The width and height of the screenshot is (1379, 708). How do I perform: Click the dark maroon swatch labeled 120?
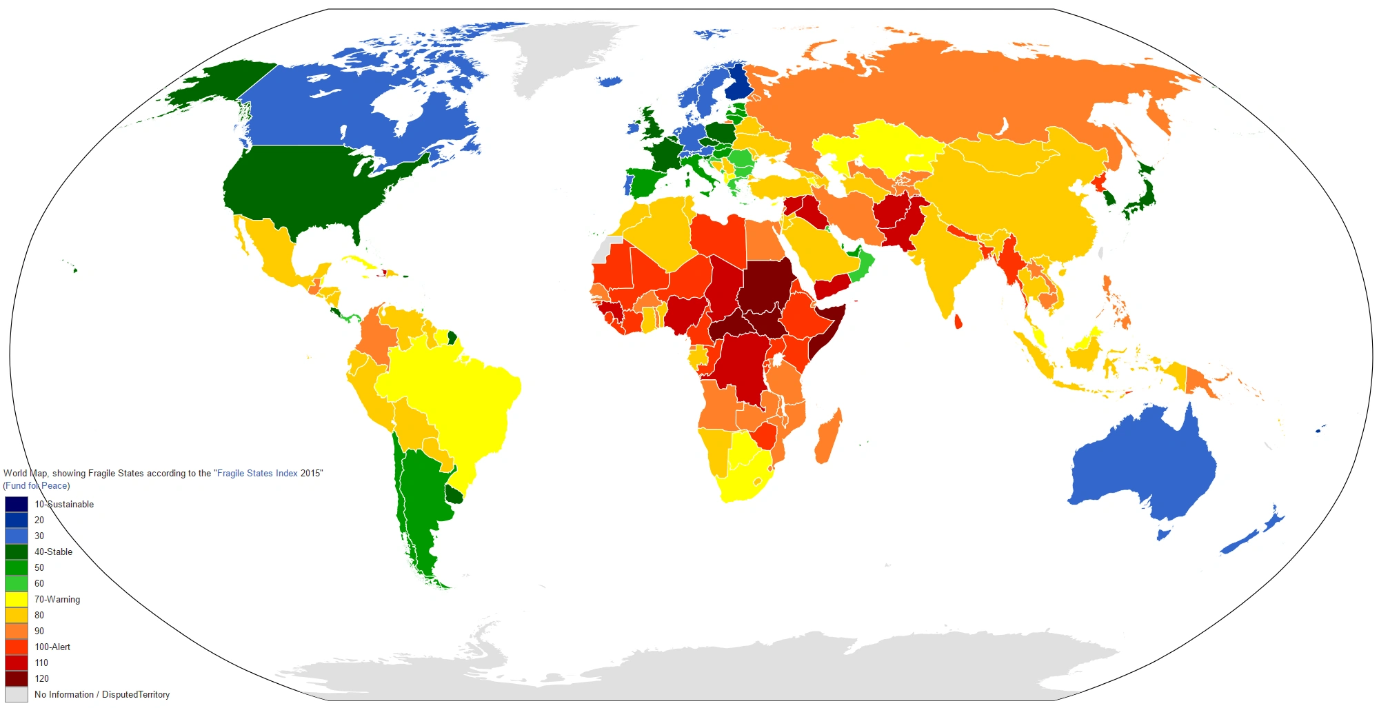(x=17, y=678)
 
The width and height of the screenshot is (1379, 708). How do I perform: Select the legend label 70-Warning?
(x=57, y=599)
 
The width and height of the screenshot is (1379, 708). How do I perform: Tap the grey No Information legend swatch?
(x=17, y=694)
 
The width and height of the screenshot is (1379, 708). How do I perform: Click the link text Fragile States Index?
(x=257, y=473)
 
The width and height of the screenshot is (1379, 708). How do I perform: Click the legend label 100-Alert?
(x=52, y=647)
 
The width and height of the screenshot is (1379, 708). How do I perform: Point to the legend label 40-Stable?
(x=53, y=552)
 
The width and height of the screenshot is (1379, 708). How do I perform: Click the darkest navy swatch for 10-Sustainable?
(x=17, y=504)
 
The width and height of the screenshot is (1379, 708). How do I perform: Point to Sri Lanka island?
(x=958, y=322)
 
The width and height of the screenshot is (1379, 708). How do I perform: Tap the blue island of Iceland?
(x=611, y=82)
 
